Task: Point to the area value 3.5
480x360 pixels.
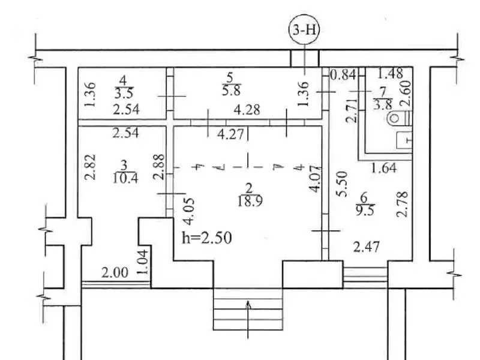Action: [124, 93]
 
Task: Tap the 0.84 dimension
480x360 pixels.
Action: [344, 74]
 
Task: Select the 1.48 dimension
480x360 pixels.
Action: [390, 74]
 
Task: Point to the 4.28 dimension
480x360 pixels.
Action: [247, 110]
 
